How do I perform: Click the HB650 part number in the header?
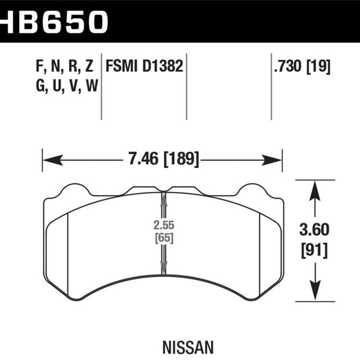53,21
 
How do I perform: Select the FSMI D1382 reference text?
144,66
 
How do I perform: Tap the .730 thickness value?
287,66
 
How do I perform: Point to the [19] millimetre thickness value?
319,67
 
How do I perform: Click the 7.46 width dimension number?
143,159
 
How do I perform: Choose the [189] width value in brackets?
181,159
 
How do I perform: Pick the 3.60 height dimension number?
314,230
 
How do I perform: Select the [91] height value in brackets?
314,250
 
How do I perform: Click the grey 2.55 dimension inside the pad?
164,225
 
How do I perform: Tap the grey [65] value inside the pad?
164,237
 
